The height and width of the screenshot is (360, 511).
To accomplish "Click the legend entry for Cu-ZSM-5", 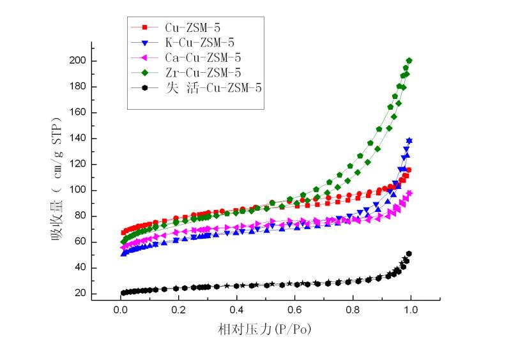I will point(192,27).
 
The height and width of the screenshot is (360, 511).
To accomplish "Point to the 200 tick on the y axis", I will point(79,61).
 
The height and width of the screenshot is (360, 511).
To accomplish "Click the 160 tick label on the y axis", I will point(79,113).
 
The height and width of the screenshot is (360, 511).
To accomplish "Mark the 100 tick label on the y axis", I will point(79,191).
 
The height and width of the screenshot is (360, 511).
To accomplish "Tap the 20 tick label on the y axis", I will point(81,294).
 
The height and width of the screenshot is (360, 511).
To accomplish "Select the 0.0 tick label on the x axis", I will point(121,311).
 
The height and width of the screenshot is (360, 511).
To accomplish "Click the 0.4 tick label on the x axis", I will point(237,311).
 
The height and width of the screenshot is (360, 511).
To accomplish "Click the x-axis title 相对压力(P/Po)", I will point(265,329).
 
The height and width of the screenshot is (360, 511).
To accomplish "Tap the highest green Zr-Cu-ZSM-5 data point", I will point(409,61).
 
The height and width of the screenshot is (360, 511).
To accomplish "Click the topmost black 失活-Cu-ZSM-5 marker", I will point(409,254).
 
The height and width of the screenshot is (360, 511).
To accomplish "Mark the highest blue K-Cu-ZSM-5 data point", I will point(409,140).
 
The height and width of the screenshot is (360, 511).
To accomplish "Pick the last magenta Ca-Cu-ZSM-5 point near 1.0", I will point(409,193).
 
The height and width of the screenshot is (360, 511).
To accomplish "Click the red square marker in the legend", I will point(145,27).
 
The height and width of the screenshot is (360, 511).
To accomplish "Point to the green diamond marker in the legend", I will point(145,72).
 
